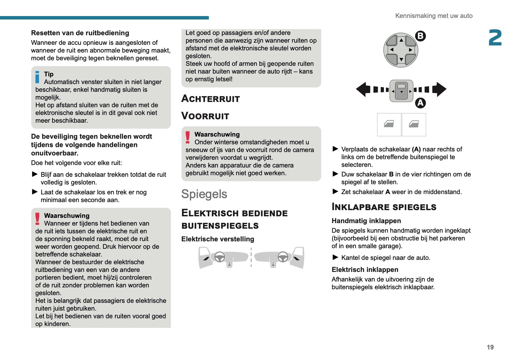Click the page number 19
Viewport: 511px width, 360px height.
[490, 347]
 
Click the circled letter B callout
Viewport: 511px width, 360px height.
[420, 36]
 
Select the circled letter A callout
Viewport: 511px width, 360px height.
[420, 103]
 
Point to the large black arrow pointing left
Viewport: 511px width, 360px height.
[364, 89]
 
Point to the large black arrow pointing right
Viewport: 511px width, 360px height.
[439, 89]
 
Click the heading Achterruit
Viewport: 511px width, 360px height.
[211, 99]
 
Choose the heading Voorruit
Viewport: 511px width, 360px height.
[205, 116]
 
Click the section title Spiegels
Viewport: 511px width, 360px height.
[204, 194]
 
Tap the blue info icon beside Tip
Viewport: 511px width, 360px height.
[37, 77]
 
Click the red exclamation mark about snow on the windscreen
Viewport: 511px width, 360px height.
[188, 138]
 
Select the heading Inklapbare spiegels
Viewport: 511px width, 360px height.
[384, 207]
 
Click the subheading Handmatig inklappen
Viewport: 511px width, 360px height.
[366, 221]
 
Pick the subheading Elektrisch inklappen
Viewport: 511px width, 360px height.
[365, 269]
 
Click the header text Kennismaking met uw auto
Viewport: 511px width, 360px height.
[434, 16]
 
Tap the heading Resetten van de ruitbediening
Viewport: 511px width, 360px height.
[80, 33]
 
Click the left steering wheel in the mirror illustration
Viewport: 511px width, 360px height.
[220, 257]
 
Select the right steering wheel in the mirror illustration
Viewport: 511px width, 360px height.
[283, 257]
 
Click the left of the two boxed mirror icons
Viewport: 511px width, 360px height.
[389, 124]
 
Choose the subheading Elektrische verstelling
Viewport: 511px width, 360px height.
[218, 239]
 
